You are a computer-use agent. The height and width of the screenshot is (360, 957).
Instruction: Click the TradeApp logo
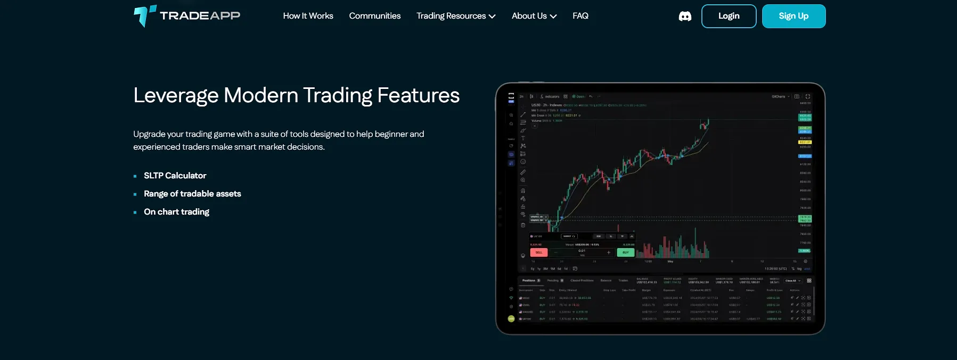click(187, 16)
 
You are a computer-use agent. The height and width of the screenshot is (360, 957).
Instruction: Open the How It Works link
click(308, 16)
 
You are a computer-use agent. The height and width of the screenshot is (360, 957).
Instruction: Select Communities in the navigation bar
click(374, 16)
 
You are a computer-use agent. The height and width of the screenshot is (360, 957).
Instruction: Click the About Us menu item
click(529, 16)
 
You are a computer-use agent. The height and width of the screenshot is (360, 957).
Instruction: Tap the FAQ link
click(580, 16)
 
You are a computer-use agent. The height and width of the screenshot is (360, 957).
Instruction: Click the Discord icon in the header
click(685, 17)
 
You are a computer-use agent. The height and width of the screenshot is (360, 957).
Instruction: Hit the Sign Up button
click(794, 16)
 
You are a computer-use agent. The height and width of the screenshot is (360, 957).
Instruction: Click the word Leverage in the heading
click(176, 96)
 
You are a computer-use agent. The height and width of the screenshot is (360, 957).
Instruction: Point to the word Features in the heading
click(418, 96)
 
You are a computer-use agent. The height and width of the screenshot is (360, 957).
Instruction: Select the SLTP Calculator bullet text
click(175, 176)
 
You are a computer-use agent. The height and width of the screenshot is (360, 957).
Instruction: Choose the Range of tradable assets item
click(192, 194)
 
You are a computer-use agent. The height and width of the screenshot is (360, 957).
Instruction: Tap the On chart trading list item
click(176, 212)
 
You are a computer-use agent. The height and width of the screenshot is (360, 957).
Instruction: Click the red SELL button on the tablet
click(538, 252)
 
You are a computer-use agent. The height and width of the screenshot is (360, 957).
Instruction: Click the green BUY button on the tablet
click(625, 252)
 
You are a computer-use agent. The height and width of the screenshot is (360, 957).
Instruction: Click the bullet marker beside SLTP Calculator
click(135, 176)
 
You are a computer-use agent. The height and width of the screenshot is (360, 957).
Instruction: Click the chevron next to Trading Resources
click(492, 17)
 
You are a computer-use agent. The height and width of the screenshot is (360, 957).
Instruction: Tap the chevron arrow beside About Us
click(553, 17)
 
